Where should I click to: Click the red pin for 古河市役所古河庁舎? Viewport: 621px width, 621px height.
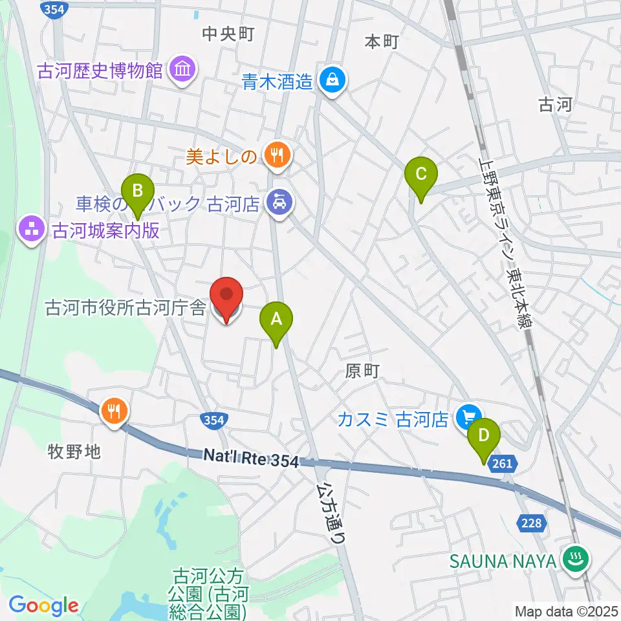click(227, 297)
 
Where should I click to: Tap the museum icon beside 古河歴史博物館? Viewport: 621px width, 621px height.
click(182, 70)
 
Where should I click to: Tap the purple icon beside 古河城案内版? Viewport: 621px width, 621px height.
click(30, 229)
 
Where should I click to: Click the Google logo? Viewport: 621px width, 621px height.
click(43, 605)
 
